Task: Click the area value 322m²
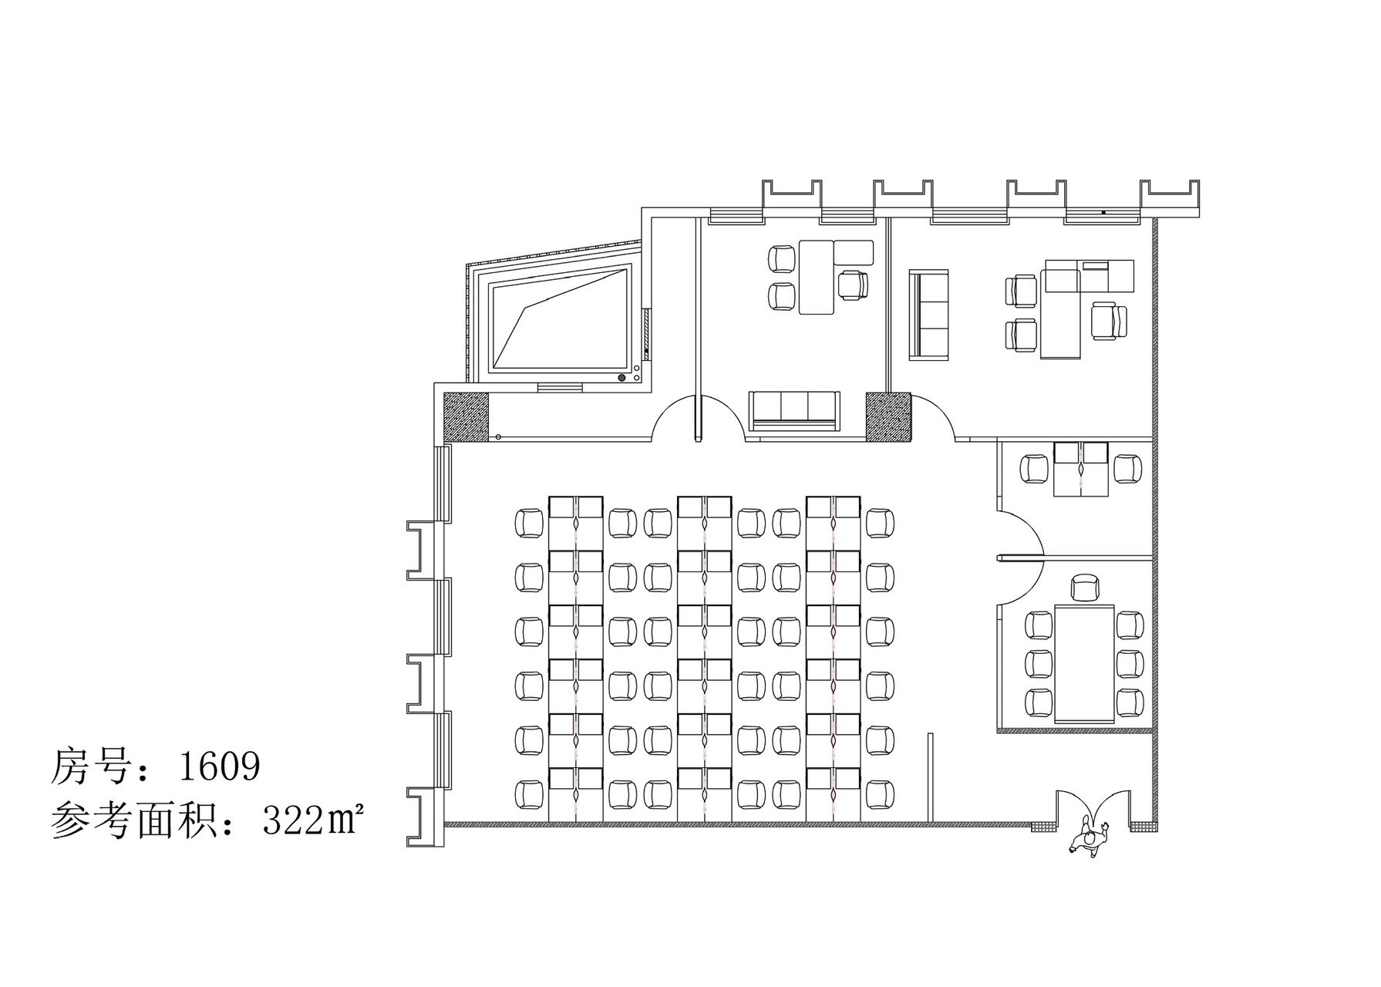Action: (x=312, y=822)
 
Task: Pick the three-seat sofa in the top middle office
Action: (x=793, y=410)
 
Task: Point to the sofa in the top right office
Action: (x=930, y=315)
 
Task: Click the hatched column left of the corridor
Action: (x=466, y=416)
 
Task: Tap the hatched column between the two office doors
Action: (x=888, y=416)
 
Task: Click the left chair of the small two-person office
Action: (x=1033, y=468)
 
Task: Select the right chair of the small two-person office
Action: (x=1128, y=468)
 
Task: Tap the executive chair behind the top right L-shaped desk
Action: (x=1110, y=320)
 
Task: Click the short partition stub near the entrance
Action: (x=931, y=777)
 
